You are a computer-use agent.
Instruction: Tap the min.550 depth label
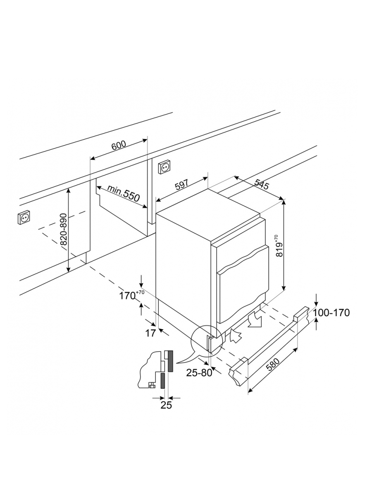pos(123,193)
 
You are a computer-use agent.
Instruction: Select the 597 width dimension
pos(181,185)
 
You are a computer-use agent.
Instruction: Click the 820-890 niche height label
pos(64,229)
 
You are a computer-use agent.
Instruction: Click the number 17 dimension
pos(150,333)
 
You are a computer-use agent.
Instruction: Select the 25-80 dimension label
pos(199,372)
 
